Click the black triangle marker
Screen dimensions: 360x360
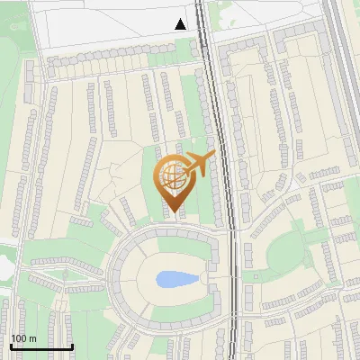(x=181, y=24)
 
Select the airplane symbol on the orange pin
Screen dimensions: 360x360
(x=195, y=165)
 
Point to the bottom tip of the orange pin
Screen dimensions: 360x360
(x=172, y=212)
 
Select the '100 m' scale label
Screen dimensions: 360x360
(x=23, y=338)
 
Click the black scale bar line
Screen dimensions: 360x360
(x=40, y=347)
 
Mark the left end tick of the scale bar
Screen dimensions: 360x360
(x=10, y=345)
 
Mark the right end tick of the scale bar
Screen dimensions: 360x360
(x=72, y=345)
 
